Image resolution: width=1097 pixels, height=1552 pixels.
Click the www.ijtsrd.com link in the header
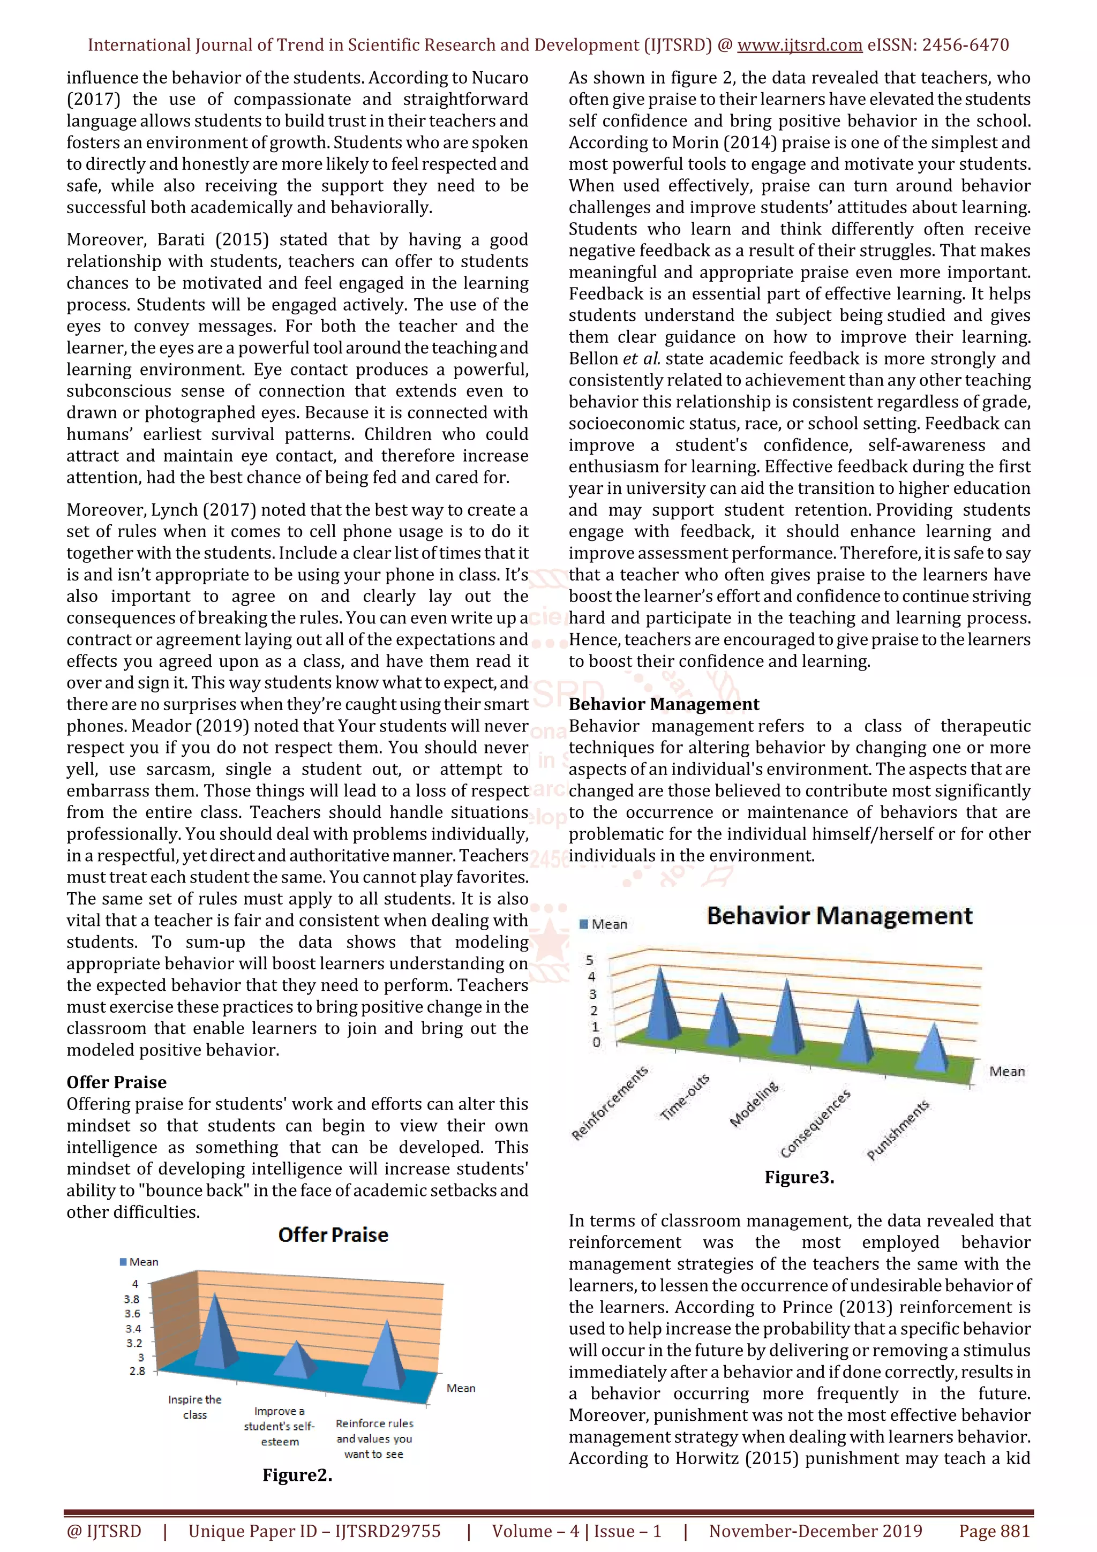point(799,46)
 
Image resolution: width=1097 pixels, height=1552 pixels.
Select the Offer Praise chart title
point(333,1235)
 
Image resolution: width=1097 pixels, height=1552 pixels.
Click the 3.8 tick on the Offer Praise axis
point(132,1299)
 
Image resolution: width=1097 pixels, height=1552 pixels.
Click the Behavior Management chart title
point(839,917)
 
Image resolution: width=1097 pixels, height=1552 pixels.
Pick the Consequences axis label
point(815,1124)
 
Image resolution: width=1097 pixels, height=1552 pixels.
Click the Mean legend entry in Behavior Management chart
point(604,924)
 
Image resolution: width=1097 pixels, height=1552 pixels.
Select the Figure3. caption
point(799,1178)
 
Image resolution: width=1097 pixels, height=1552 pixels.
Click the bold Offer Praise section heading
point(116,1082)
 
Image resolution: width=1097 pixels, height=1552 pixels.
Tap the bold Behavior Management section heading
point(664,704)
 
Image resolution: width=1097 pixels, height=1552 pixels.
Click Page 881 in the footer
point(994,1531)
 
